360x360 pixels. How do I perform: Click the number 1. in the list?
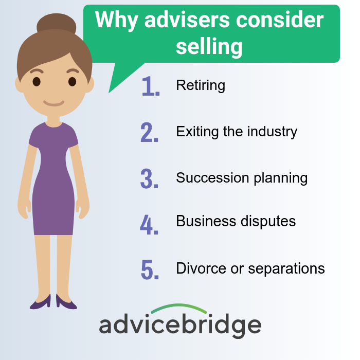150,86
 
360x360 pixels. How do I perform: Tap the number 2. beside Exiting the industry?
150,132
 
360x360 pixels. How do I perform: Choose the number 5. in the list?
150,269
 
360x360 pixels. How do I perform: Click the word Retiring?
201,85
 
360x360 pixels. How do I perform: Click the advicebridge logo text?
180,326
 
